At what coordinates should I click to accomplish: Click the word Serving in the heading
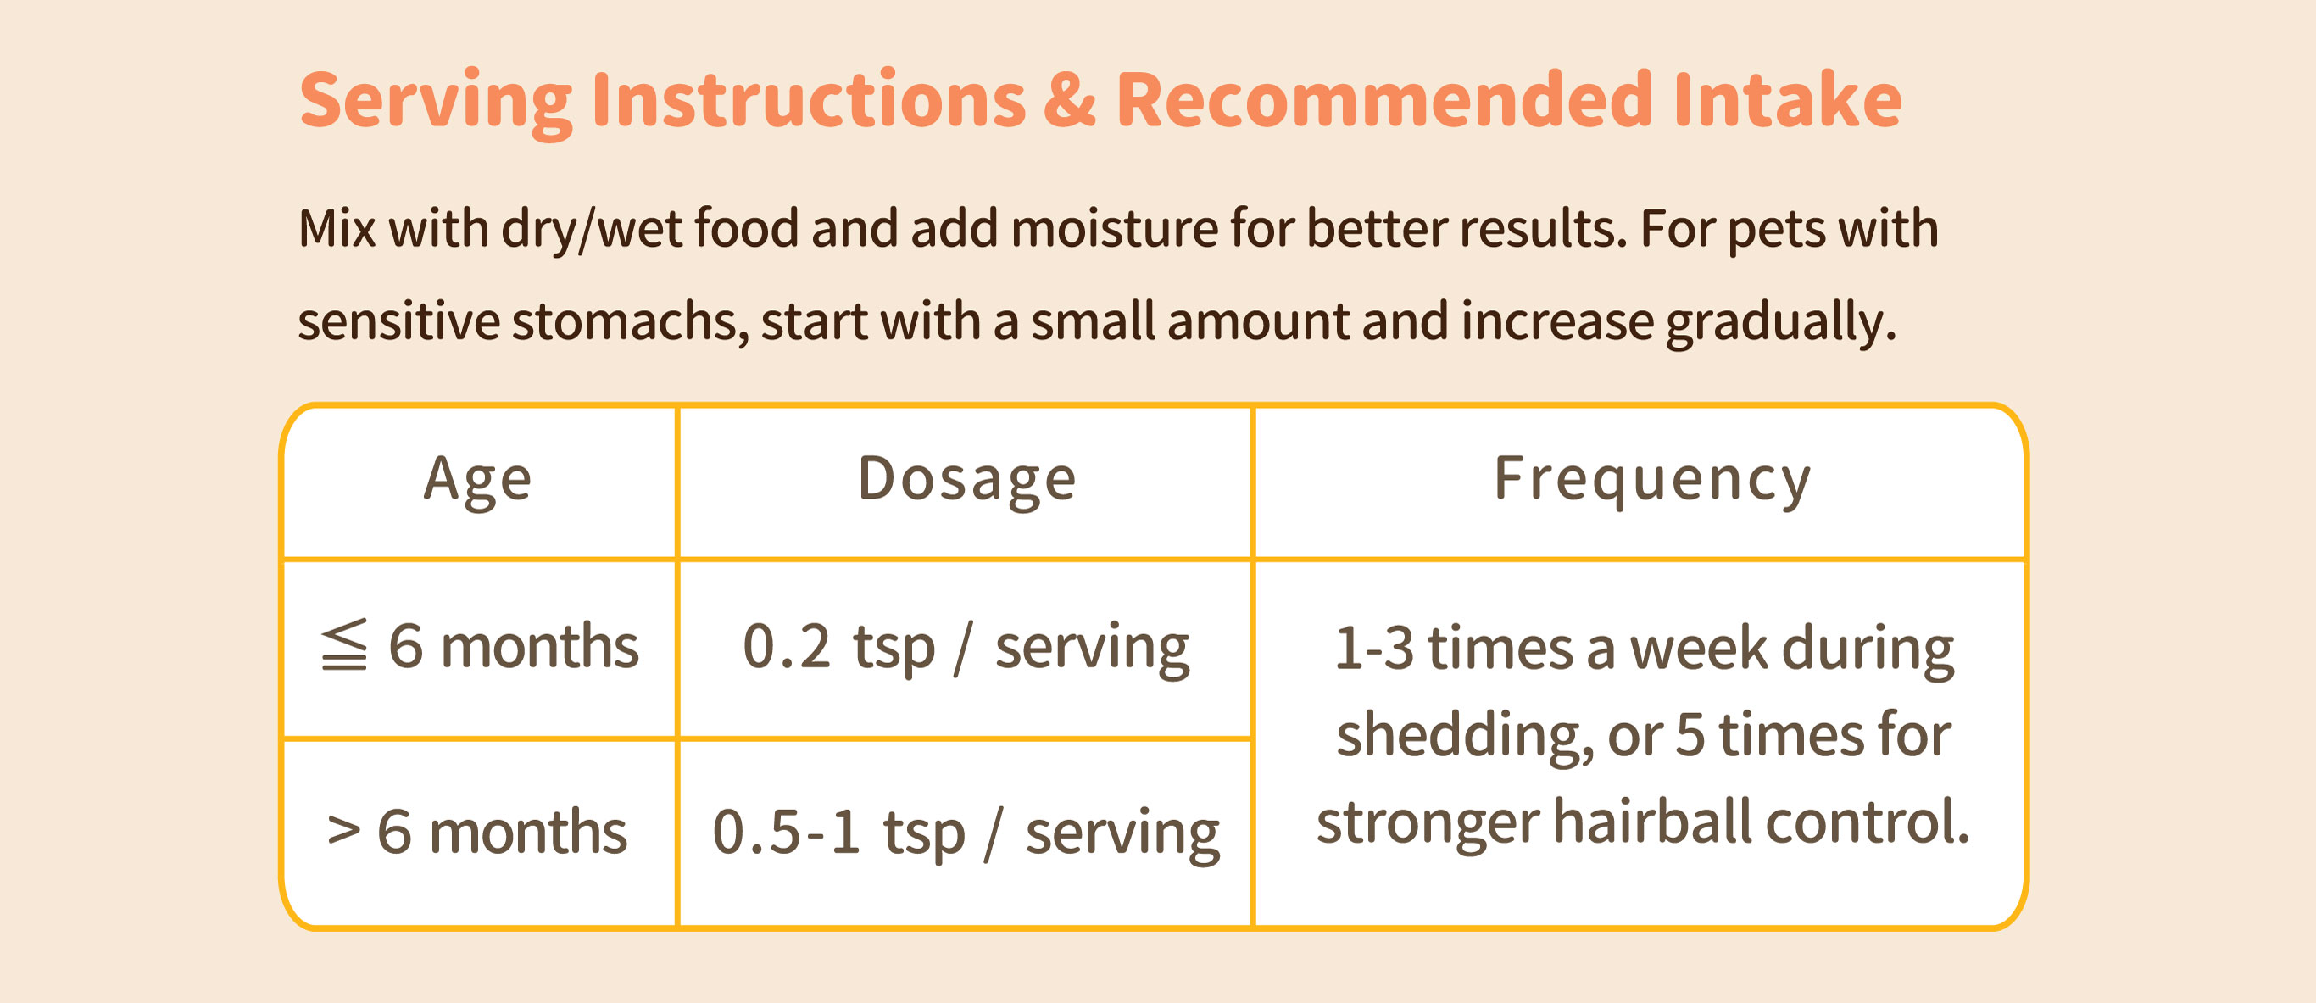pyautogui.click(x=436, y=102)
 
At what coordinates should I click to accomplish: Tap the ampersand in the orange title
pyautogui.click(x=1070, y=100)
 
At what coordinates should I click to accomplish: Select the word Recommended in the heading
pyautogui.click(x=1383, y=99)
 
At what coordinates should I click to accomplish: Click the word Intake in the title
pyautogui.click(x=1787, y=99)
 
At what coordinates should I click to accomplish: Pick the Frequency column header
pyautogui.click(x=1651, y=481)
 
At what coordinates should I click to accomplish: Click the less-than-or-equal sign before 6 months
pyautogui.click(x=344, y=644)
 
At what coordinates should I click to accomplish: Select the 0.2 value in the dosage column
pyautogui.click(x=787, y=646)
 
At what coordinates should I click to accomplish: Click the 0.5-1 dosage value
pyautogui.click(x=787, y=831)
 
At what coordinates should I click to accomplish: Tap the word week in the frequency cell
pyautogui.click(x=1698, y=648)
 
